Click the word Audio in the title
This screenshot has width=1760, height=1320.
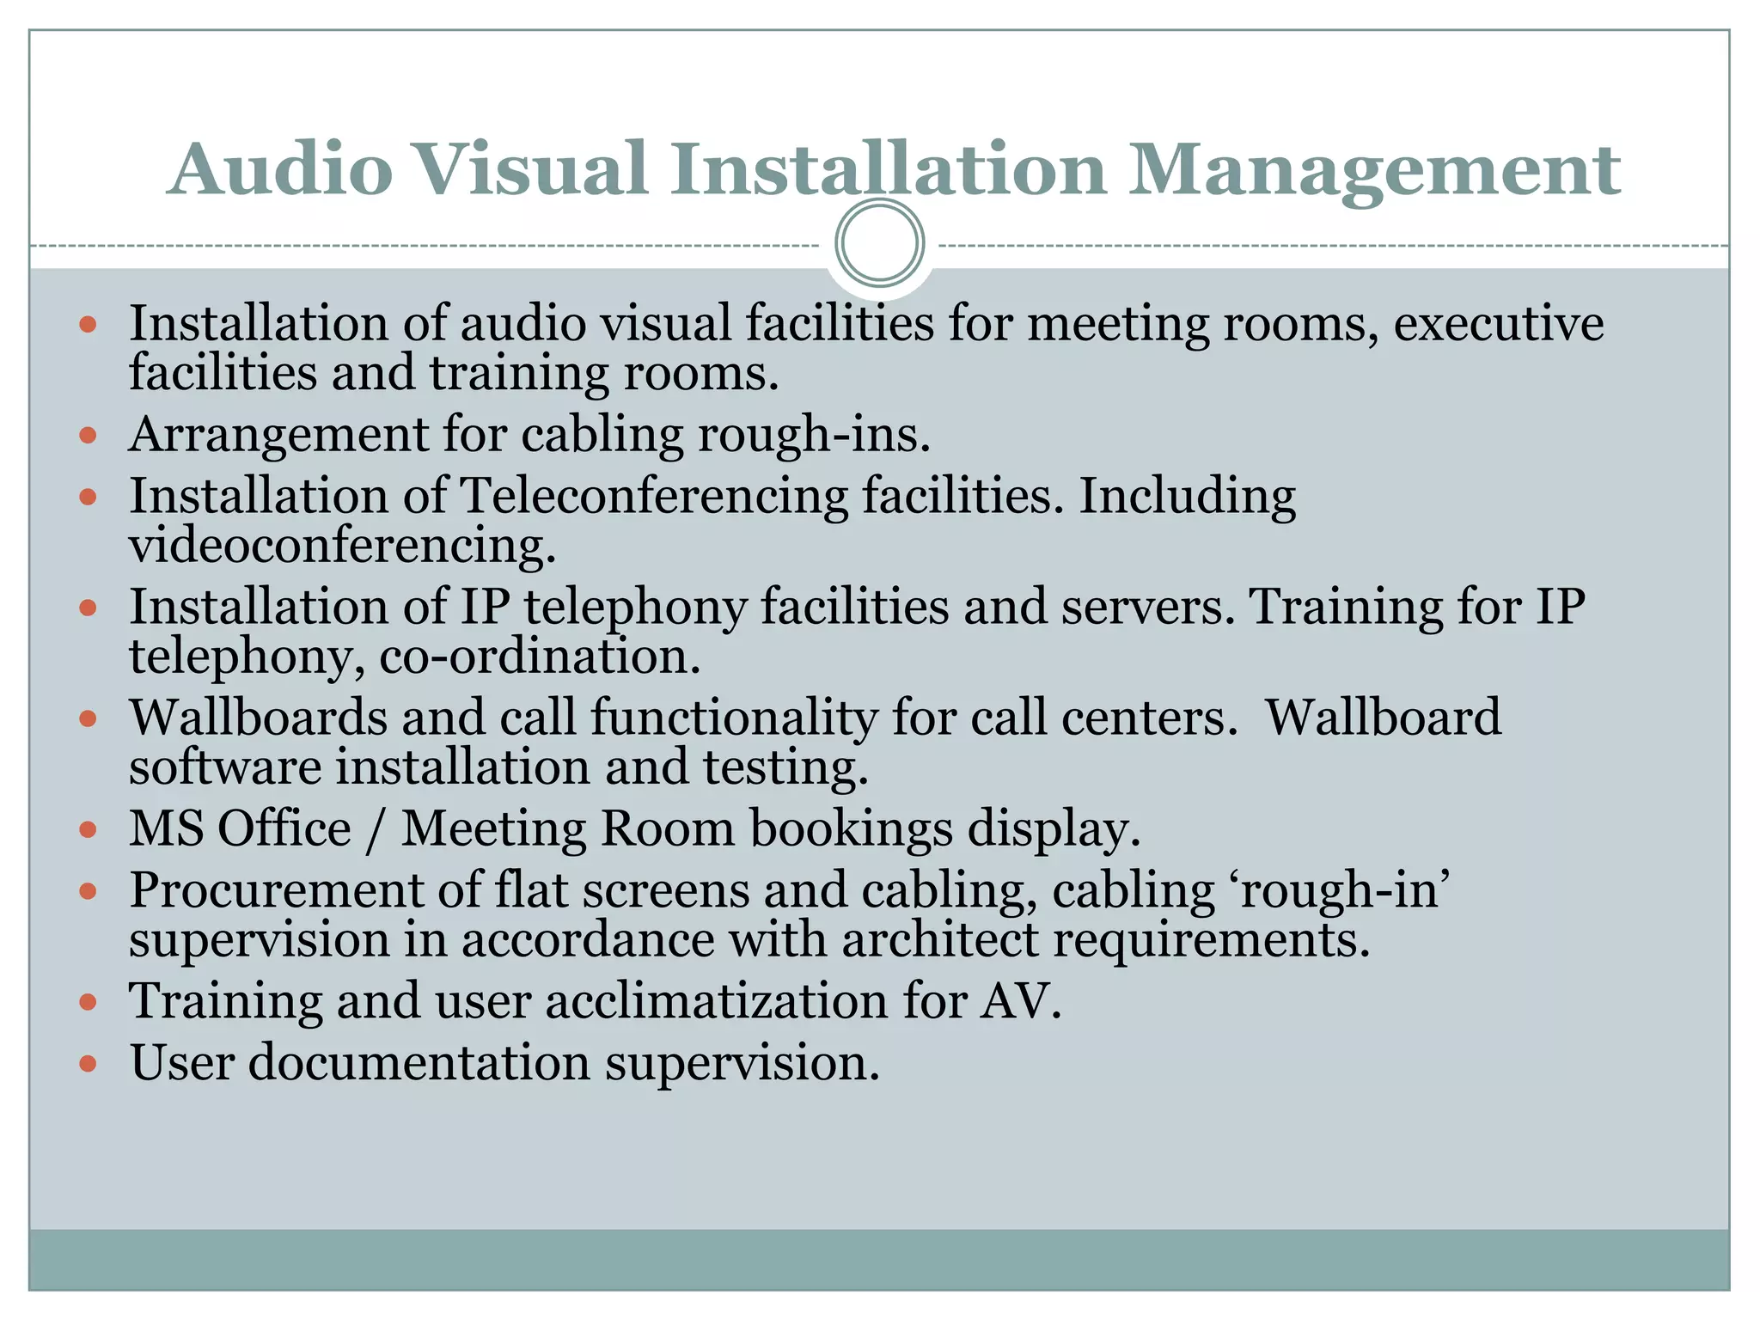(x=280, y=169)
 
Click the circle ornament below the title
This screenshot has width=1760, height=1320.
(x=879, y=243)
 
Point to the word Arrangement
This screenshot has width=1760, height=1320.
(x=278, y=435)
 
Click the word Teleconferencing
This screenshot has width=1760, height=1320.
(x=654, y=497)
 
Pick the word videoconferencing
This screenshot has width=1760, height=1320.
(x=342, y=545)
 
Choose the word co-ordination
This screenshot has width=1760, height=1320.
(x=540, y=657)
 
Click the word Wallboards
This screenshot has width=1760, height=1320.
(x=258, y=717)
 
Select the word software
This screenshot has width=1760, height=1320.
(x=225, y=767)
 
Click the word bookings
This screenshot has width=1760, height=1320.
(x=851, y=830)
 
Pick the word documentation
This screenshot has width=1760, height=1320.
(x=419, y=1063)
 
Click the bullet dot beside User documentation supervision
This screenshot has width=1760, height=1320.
(x=88, y=1064)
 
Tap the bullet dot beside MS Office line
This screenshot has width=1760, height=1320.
(x=88, y=830)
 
